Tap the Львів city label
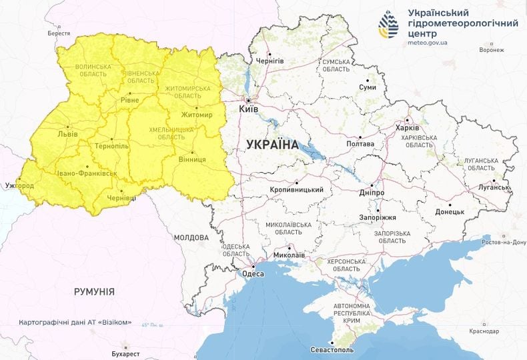pos(68,133)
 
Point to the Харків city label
pos(407,128)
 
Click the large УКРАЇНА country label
pos(272,145)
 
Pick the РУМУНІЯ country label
pos(94,291)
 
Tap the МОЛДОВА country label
pos(191,237)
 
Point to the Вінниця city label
pos(193,160)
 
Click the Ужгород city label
pos(19,185)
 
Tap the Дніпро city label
pos(372,192)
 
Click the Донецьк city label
pos(450,211)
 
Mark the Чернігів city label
pos(270,61)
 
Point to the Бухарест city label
pos(126,353)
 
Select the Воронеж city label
pos(491,50)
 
